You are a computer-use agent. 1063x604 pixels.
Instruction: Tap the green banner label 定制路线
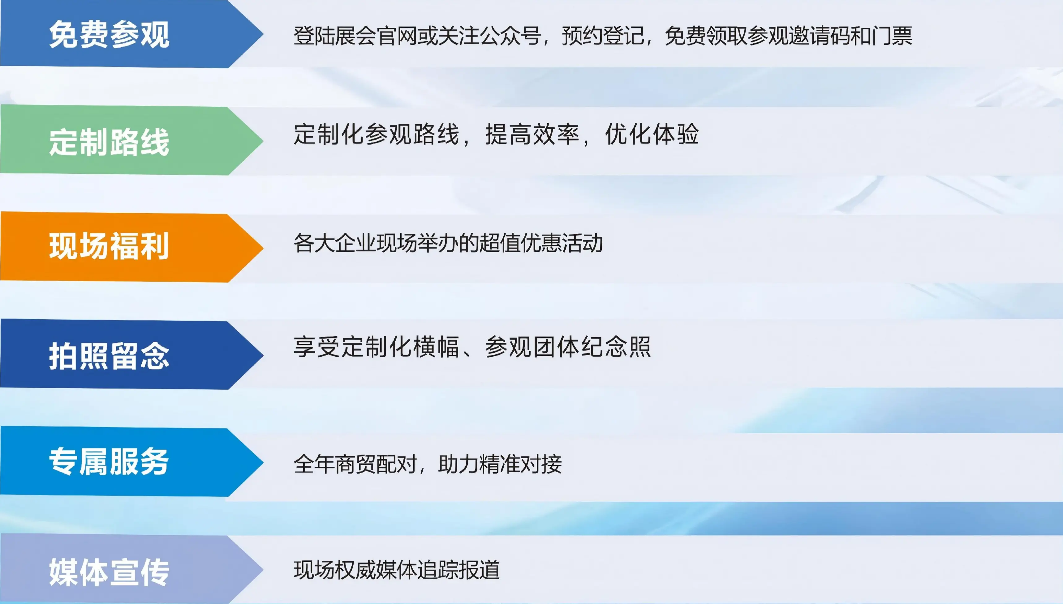tap(109, 142)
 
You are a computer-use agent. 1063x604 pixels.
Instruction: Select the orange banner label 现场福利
tap(109, 246)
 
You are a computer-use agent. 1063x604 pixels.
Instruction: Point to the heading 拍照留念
tap(109, 356)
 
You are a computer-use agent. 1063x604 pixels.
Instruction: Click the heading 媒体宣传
tap(109, 572)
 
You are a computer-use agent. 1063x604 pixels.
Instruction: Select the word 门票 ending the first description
tap(892, 36)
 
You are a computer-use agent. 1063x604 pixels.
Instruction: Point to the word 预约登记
tap(603, 36)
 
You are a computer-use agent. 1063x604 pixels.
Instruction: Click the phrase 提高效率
tap(532, 134)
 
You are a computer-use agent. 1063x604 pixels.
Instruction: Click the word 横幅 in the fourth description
tap(436, 347)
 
